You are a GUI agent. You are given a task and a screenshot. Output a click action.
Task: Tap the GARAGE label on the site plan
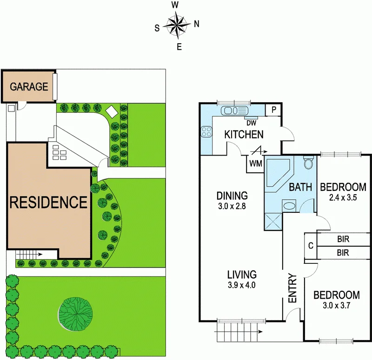click(29, 86)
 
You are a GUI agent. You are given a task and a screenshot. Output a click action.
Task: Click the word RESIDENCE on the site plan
click(48, 202)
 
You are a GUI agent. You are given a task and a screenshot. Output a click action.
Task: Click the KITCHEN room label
click(244, 135)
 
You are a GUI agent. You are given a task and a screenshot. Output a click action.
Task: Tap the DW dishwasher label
click(251, 123)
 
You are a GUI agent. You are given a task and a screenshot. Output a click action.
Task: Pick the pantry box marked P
click(274, 110)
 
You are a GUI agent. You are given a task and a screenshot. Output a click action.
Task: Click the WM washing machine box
click(255, 164)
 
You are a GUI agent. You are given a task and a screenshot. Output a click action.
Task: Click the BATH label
click(300, 188)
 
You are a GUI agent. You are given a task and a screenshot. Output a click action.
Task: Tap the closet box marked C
click(310, 246)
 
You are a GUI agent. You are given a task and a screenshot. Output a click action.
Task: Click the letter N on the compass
click(196, 24)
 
